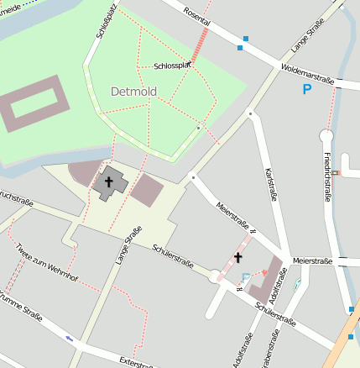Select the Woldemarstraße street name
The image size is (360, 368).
point(308,73)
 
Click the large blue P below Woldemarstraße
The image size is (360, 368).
point(307,88)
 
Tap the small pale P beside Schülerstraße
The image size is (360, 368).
point(245,277)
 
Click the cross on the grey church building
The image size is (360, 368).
point(109,181)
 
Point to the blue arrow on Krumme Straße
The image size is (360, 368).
point(69,339)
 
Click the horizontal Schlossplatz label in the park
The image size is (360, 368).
point(175,66)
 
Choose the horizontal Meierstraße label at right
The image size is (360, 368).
point(312,260)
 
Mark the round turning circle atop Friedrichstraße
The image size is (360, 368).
point(326,134)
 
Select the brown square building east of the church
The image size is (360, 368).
point(149,189)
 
